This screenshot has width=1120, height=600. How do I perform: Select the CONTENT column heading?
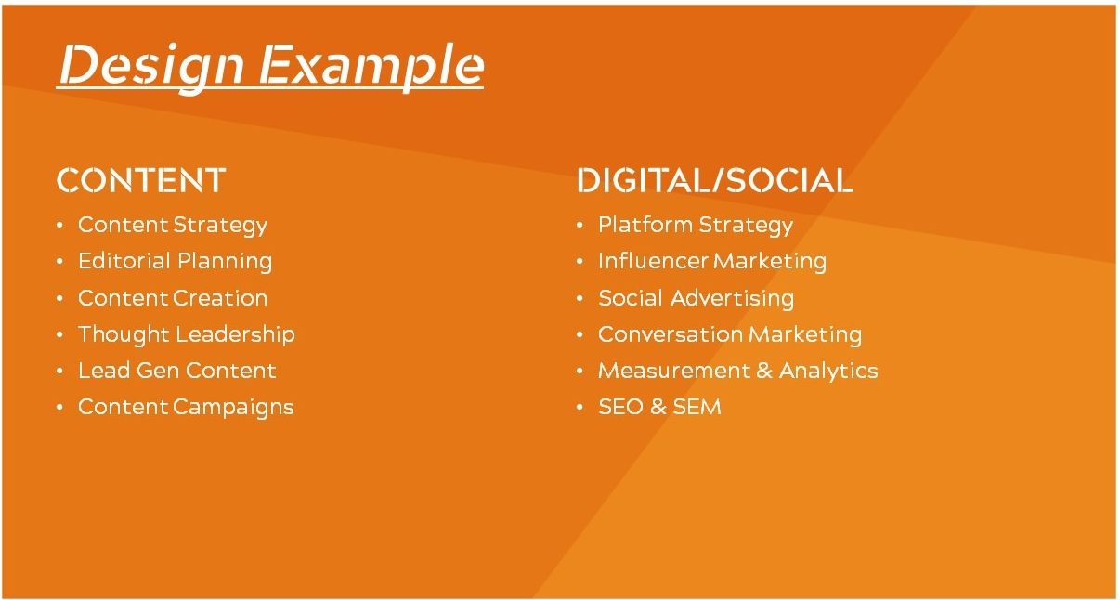141,180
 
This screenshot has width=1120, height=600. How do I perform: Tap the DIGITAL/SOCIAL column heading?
715,180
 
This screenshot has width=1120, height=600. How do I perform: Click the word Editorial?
124,261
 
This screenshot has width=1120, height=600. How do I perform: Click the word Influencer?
654,261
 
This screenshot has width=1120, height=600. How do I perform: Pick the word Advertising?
733,299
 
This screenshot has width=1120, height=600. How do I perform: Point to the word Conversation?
670,334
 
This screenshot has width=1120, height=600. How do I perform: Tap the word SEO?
620,407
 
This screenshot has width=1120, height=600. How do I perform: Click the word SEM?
697,407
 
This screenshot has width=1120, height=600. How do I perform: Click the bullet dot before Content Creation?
60,299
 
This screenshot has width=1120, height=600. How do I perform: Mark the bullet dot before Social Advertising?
580,299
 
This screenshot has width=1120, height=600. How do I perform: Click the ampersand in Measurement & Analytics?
764,371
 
